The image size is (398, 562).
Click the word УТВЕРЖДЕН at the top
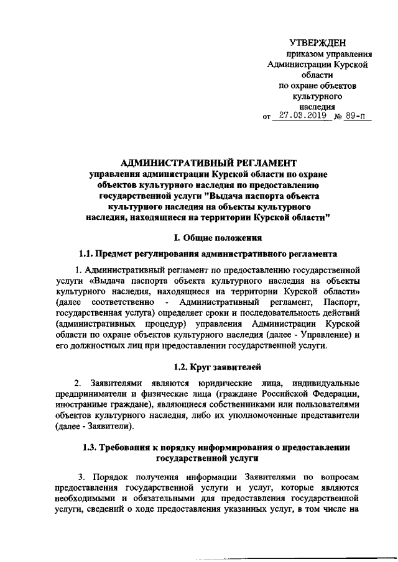tap(318, 42)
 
